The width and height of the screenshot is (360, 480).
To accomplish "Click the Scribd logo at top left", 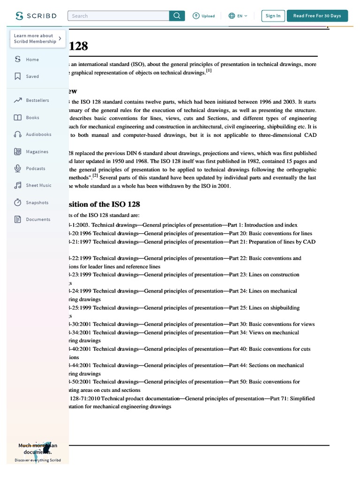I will [x=36, y=16].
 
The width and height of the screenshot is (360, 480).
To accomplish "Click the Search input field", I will [x=119, y=16].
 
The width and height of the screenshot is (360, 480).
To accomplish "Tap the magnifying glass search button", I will [x=177, y=16].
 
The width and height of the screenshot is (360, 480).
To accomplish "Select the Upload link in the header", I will [x=203, y=16].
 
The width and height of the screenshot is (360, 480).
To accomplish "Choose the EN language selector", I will [x=238, y=16].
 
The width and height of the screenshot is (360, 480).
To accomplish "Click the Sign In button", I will [x=273, y=16].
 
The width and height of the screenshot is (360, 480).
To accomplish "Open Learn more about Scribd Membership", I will [x=37, y=38].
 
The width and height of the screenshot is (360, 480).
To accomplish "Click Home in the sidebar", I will [x=32, y=60].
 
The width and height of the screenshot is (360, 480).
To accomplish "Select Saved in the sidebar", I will [x=32, y=76].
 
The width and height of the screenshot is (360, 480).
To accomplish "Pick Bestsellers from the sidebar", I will [x=37, y=100].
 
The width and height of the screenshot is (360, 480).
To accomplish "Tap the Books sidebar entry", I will [x=32, y=118].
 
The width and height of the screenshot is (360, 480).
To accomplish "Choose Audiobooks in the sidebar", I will [x=38, y=135].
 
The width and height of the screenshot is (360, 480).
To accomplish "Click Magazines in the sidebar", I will [x=37, y=152].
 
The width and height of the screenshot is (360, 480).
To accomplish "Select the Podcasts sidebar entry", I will [x=36, y=169].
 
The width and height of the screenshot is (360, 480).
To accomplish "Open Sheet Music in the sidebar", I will [x=38, y=186].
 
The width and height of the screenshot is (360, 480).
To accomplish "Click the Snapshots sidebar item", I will [x=37, y=202].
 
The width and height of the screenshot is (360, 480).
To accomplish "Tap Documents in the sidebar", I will [x=38, y=219].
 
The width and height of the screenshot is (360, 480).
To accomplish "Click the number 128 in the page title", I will [x=78, y=46].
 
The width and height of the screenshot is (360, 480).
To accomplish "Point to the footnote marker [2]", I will [x=95, y=176].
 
